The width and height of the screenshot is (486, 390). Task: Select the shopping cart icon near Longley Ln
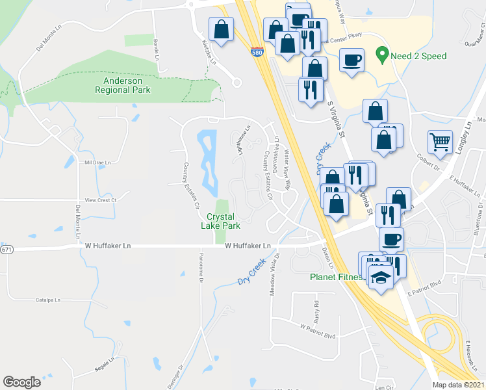(x=440, y=142)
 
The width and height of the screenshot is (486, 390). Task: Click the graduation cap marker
(x=379, y=278)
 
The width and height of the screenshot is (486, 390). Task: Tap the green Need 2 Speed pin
(x=383, y=55)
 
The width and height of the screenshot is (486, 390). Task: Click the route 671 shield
(x=6, y=250)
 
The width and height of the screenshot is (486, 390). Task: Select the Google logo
(x=21, y=382)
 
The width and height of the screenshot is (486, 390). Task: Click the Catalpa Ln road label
(x=48, y=300)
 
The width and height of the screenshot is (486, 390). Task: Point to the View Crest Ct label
(x=99, y=200)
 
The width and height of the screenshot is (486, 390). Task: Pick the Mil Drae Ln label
(x=98, y=162)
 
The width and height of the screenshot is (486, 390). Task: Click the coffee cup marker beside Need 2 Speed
(x=352, y=60)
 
